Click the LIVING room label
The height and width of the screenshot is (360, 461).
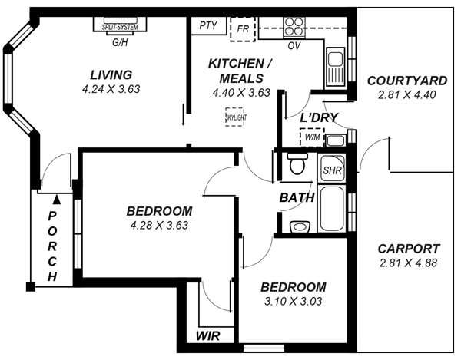pos(111,74)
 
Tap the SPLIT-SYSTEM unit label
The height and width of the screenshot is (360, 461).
pos(120,28)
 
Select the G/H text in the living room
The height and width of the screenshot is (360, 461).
pos(120,43)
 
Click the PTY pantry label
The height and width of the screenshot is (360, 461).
pos(208,25)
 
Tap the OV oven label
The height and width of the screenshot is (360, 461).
pos(294,46)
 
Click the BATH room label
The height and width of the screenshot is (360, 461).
pos(297,197)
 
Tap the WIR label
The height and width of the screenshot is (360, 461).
pos(208,336)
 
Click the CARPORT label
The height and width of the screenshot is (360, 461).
pos(409,249)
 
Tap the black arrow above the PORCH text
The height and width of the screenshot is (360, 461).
pos(53,200)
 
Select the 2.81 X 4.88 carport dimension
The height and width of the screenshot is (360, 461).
pos(409,263)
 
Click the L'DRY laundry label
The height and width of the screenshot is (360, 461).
pos(319,117)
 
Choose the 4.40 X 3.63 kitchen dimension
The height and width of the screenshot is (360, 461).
pos(240,93)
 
